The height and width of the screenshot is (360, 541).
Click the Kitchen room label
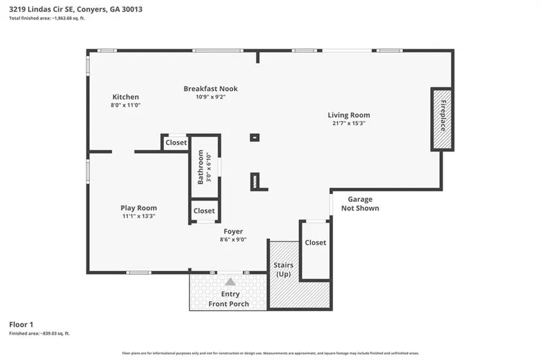coord(126,97)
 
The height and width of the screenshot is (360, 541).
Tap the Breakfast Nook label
coord(210,89)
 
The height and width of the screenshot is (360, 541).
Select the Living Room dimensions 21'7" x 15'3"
coord(349,123)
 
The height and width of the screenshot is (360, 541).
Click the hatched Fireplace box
coord(442,119)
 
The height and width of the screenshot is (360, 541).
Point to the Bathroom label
coord(201,167)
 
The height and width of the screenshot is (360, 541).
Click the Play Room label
coord(139,208)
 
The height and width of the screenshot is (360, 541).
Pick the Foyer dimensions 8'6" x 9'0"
coord(233,239)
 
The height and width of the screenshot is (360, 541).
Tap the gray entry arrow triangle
coord(230,282)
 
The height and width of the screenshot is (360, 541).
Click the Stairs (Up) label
coord(283,270)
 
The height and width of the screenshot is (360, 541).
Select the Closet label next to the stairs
coord(315,243)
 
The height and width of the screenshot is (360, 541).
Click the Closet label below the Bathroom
coord(204,210)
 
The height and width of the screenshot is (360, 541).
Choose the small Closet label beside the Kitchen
coord(176,142)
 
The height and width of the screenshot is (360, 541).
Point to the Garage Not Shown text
coord(360,204)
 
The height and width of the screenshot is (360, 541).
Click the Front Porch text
coord(228,304)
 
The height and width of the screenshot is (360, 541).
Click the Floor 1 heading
coord(21,325)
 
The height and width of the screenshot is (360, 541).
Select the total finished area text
coord(47,18)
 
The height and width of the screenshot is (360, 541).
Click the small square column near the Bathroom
coord(254,137)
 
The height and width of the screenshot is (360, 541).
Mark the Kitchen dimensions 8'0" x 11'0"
coord(126,105)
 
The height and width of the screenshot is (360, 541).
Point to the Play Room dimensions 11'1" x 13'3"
coord(139,216)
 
